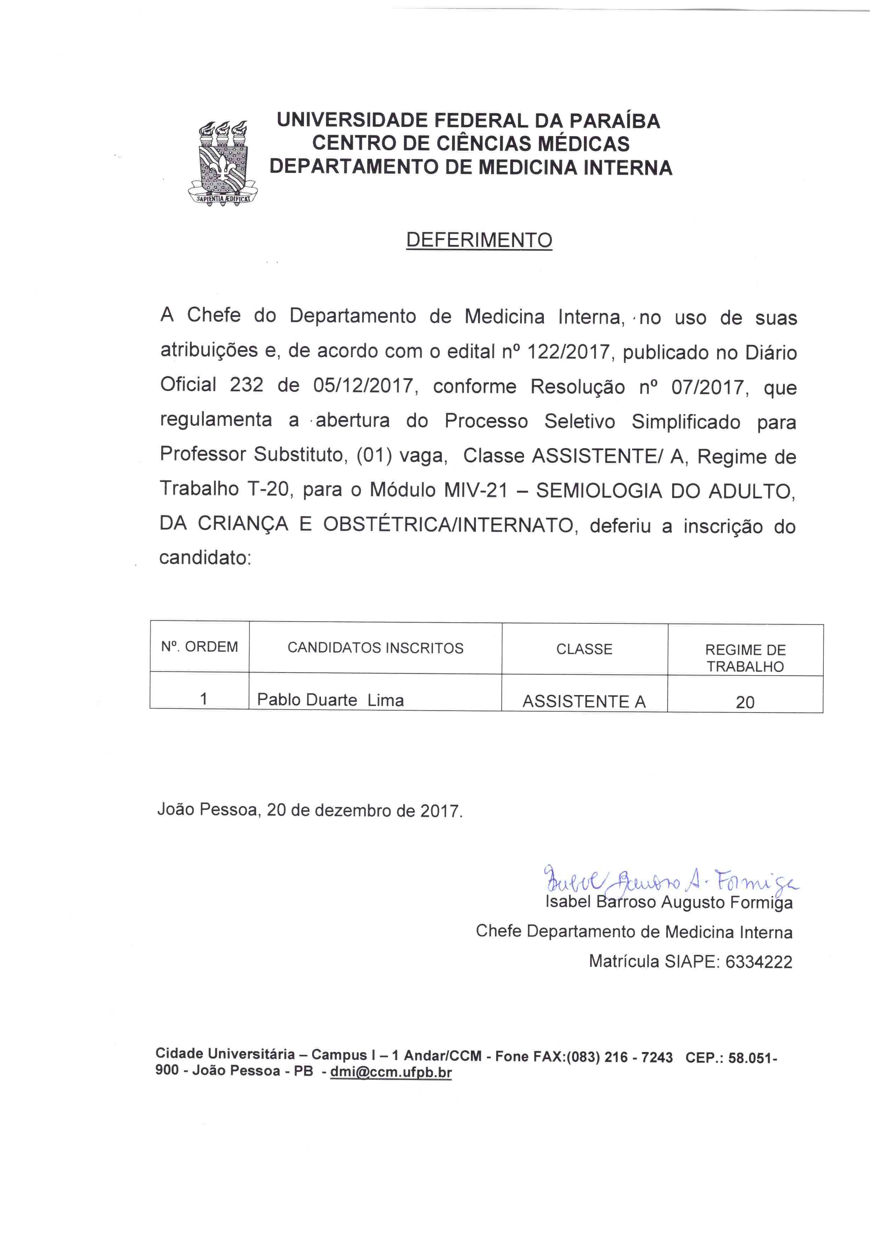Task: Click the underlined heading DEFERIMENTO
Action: pyautogui.click(x=479, y=240)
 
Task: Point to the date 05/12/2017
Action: pyautogui.click(x=363, y=386)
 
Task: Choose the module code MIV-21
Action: pyautogui.click(x=476, y=490)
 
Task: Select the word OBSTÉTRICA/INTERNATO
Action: pyautogui.click(x=448, y=525)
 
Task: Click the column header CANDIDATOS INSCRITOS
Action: pyautogui.click(x=375, y=648)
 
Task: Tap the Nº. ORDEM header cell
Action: pyautogui.click(x=199, y=647)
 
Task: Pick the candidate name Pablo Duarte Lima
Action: pyautogui.click(x=330, y=700)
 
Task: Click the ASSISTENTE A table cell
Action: pyautogui.click(x=584, y=701)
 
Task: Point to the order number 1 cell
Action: pyautogui.click(x=203, y=699)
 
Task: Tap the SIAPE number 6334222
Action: pyautogui.click(x=759, y=962)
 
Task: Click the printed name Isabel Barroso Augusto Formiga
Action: pyautogui.click(x=669, y=903)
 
